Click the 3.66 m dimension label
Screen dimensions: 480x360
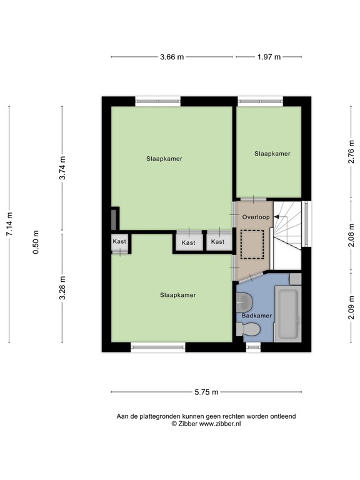[172, 57]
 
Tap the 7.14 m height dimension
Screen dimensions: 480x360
[9, 224]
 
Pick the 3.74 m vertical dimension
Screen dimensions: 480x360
[62, 169]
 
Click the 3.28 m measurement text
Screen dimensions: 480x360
[62, 288]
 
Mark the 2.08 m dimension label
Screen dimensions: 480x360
[351, 236]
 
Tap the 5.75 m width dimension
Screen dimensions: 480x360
[206, 392]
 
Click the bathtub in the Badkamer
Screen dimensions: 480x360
[288, 314]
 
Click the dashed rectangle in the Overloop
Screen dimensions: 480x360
[253, 243]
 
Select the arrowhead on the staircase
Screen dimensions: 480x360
[276, 217]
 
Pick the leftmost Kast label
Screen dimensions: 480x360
[119, 241]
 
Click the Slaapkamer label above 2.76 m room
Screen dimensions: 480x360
[272, 153]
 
